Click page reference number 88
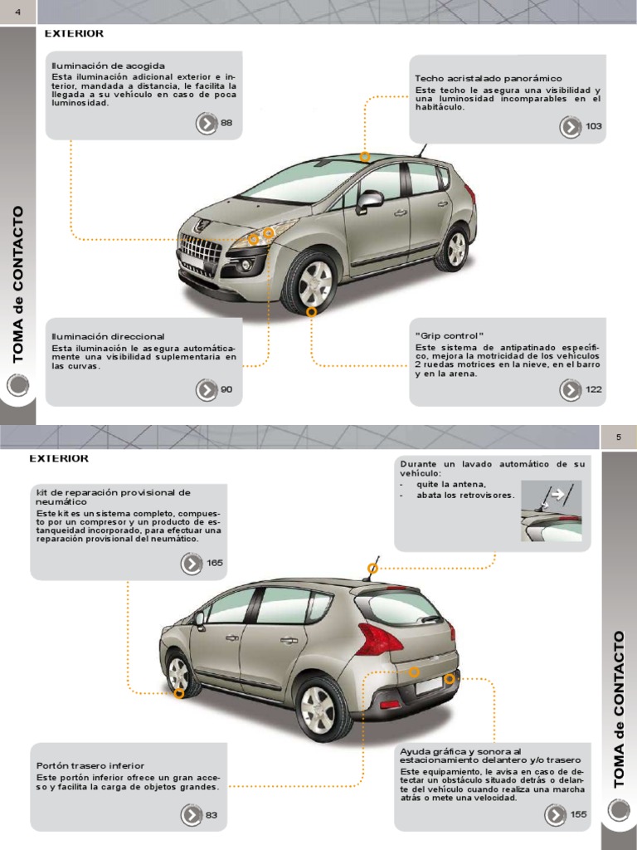226,123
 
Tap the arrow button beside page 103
570,126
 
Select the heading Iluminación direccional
108,336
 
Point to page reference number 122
594,389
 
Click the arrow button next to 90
206,389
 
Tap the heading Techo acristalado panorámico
488,78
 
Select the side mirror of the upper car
369,200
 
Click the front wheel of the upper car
312,282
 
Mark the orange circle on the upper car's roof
365,156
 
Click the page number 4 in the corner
17,11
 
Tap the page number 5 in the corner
618,437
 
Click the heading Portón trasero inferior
90,765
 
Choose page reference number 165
215,563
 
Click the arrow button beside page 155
555,815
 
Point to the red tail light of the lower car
380,639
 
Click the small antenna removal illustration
551,511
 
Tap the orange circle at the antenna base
373,569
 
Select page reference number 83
212,815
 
